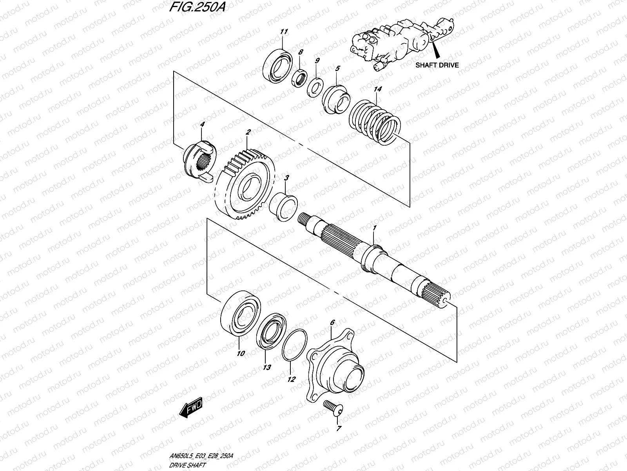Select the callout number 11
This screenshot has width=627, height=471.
coord(284,31)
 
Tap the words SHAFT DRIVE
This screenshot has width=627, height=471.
coord(437,65)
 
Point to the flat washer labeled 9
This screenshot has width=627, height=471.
coord(315,86)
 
